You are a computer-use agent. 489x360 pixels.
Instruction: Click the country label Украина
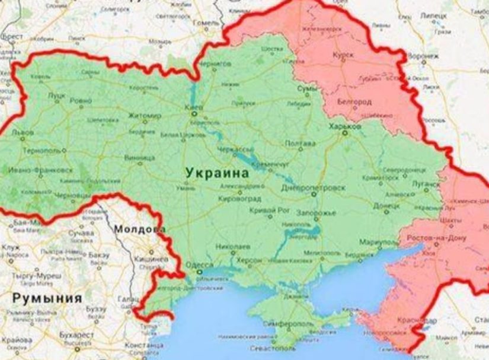(x=217, y=173)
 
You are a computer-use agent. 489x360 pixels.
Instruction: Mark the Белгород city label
(x=354, y=102)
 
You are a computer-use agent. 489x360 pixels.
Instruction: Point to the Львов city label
(x=22, y=132)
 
